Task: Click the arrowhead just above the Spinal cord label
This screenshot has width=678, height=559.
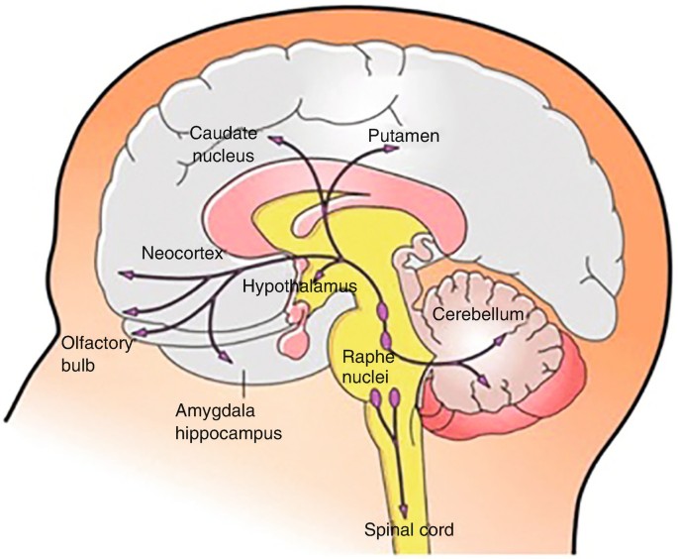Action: [402, 501]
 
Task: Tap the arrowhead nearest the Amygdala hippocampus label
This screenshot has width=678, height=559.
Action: [227, 357]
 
